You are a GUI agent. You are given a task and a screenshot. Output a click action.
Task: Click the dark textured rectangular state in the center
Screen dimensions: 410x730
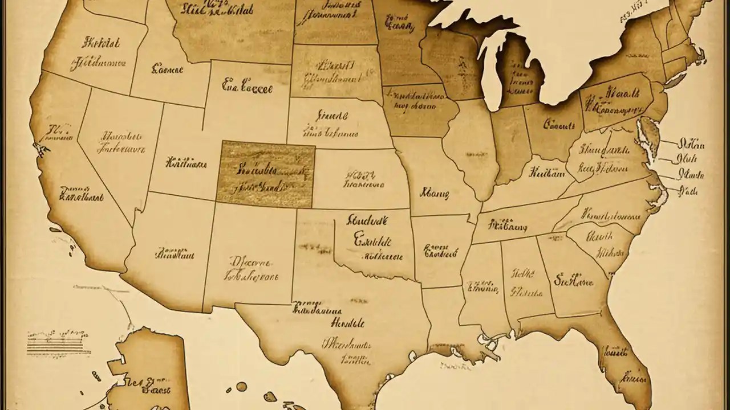pyautogui.click(x=266, y=174)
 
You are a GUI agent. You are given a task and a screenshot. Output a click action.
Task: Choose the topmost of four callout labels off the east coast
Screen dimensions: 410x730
pyautogui.click(x=690, y=143)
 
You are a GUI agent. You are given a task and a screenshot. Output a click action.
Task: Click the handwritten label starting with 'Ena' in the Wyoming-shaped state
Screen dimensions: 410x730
pyautogui.click(x=247, y=88)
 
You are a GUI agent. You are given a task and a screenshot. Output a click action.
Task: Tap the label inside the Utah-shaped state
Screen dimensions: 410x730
pyautogui.click(x=186, y=163)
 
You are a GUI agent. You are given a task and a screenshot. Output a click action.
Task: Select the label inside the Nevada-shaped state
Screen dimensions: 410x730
pyautogui.click(x=122, y=143)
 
